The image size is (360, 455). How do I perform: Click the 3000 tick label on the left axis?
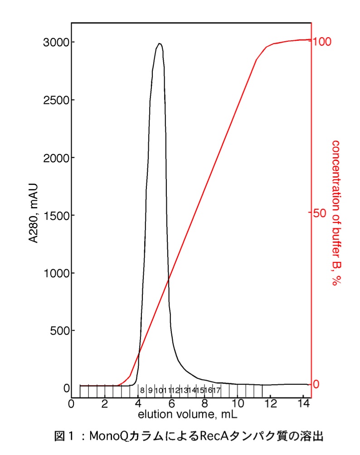pos(56,42)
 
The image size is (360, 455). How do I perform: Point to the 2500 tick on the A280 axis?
pos(56,100)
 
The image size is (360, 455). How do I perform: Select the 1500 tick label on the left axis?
pos(56,215)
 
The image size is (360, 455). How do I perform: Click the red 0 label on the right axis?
pos(317,384)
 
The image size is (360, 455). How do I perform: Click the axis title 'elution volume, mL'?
pos(188,414)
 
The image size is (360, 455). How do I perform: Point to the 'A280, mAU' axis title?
pos(34,213)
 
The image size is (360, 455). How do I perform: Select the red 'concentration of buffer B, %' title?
pos(336,213)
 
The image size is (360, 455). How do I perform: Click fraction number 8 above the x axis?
pos(142,390)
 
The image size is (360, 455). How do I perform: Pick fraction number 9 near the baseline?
pos(150,390)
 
